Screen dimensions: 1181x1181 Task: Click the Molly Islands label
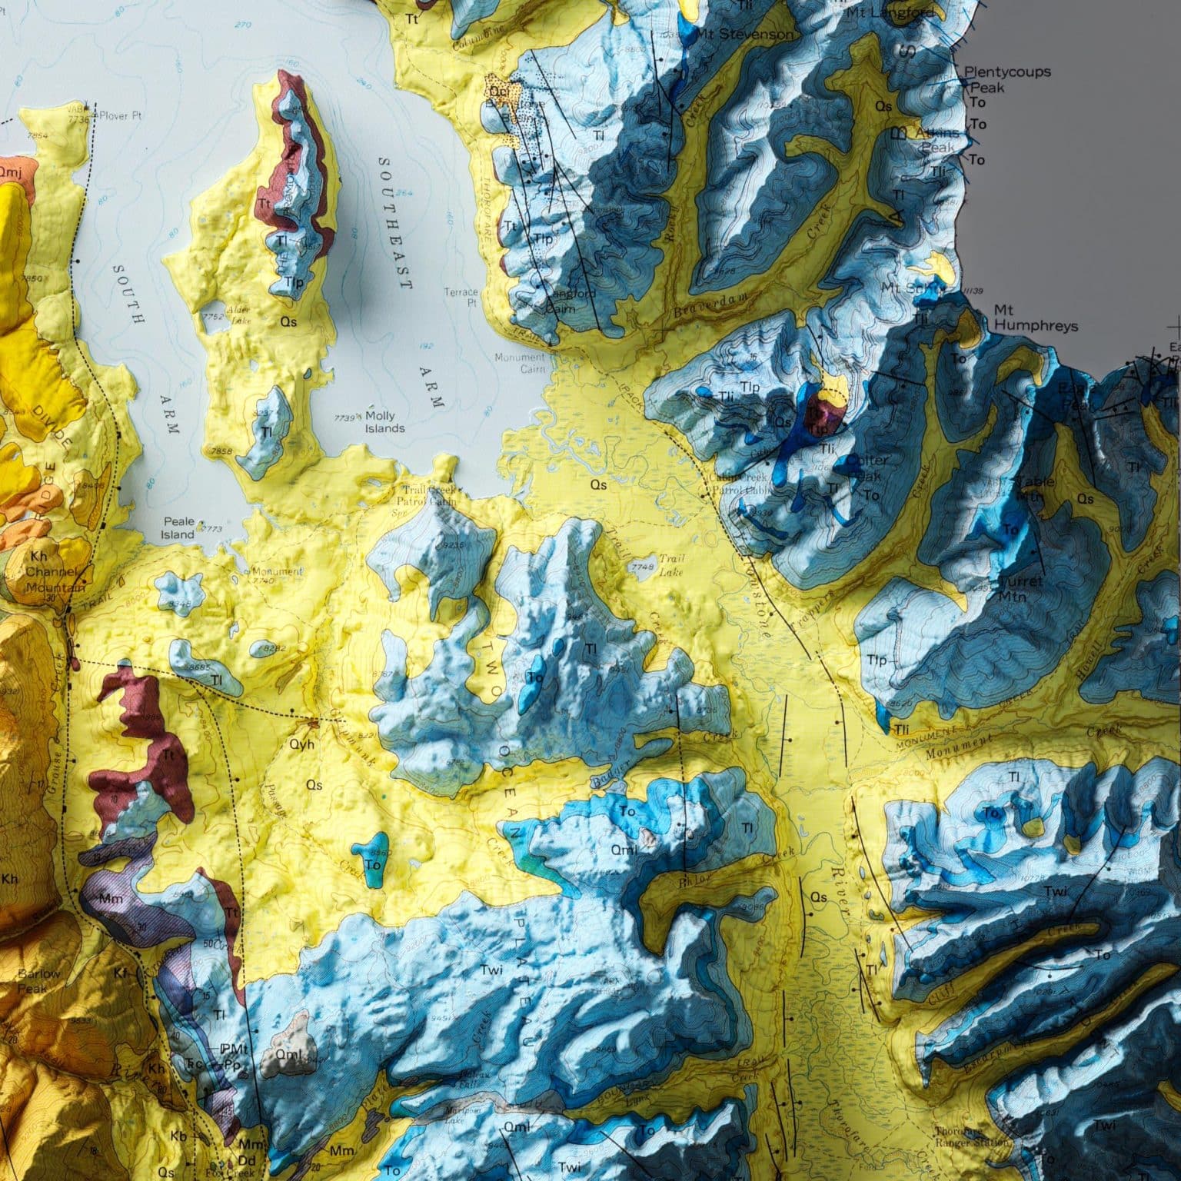(384, 421)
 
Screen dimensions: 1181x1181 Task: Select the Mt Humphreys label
(1035, 318)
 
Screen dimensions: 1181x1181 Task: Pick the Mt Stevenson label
(744, 35)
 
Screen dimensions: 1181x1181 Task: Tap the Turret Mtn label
(1022, 587)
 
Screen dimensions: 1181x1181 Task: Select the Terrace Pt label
(462, 298)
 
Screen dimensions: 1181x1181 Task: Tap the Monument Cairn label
(519, 362)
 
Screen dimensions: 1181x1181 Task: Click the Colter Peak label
(867, 466)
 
